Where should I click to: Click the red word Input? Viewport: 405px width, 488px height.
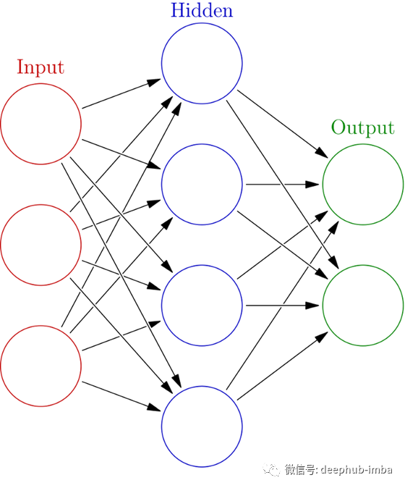40,67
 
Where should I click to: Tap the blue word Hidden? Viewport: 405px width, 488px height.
202,10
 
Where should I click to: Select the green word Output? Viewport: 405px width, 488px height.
363,127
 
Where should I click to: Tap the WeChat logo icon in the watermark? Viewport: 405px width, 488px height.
271,470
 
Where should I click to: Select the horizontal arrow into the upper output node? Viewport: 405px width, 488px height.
283,185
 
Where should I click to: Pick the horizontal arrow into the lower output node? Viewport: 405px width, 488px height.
283,306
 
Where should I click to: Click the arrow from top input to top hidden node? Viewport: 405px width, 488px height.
121,93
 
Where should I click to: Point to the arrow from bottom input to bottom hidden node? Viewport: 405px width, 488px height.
121,396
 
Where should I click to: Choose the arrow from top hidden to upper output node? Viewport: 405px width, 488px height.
283,124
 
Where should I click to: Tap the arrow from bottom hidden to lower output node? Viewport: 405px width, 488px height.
283,366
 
